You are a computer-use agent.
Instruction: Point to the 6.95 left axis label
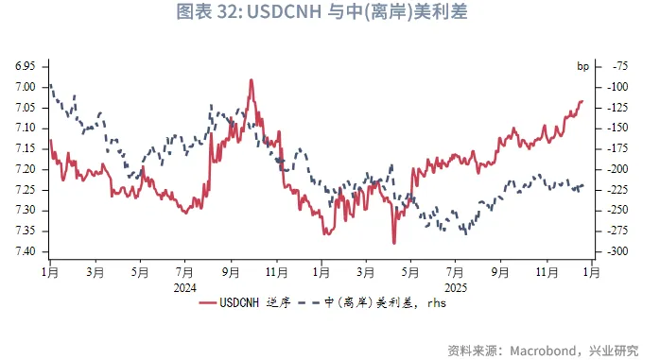tap(26, 66)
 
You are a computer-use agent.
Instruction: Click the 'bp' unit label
tap(583, 66)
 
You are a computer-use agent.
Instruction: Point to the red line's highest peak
tap(252, 80)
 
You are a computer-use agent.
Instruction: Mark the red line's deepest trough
tap(394, 243)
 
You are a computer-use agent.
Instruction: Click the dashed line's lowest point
tap(464, 232)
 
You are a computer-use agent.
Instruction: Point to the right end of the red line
tap(582, 101)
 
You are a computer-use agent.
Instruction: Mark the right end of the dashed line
tap(583, 185)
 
